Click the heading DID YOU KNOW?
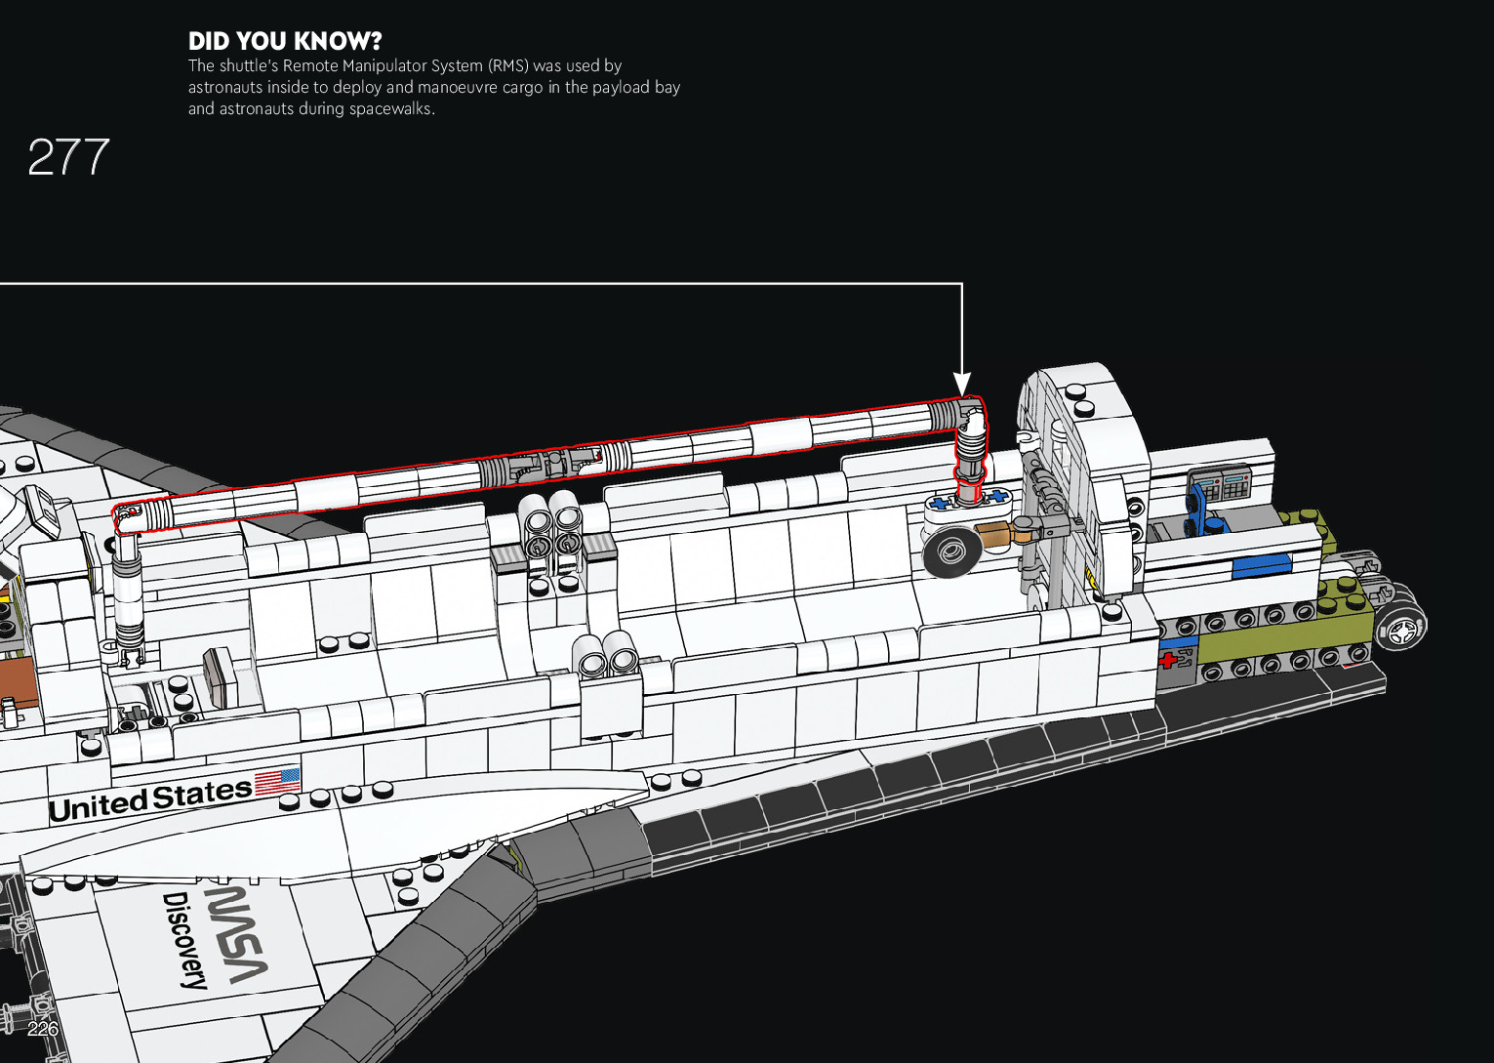pos(285,41)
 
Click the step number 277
pos(68,157)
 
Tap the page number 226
pos(43,1029)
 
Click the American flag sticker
pos(277,783)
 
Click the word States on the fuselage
pos(203,795)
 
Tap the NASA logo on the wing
pos(235,933)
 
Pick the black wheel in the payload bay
pos(949,552)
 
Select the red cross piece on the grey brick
pos(1168,660)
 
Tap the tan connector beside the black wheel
pos(992,535)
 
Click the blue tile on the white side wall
pos(1260,565)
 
